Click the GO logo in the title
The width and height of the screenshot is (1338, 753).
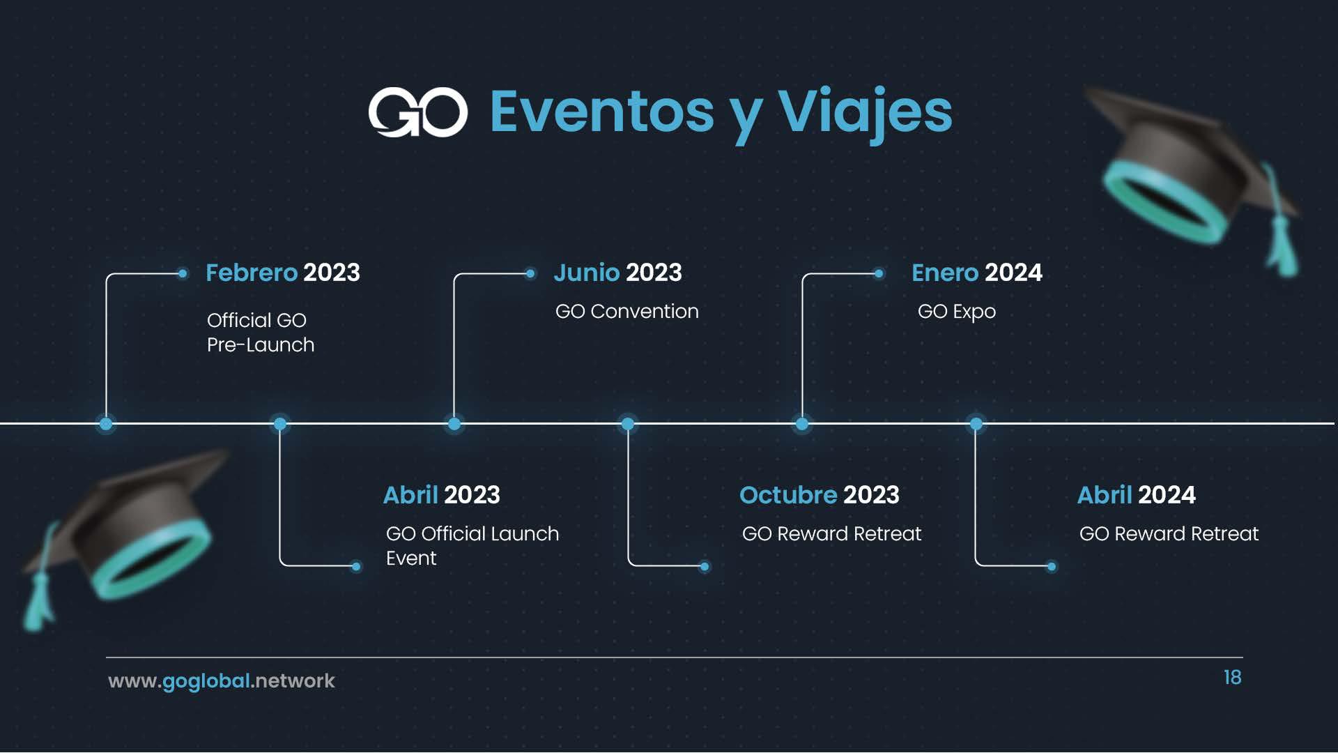417,112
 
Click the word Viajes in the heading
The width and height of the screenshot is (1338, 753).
865,113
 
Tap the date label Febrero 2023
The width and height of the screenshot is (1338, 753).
283,273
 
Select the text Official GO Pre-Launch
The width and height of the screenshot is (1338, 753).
261,333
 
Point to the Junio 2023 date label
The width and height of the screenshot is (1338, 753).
617,273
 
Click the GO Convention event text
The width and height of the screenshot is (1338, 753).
626,311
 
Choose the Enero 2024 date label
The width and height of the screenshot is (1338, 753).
977,273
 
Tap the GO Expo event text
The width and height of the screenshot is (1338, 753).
957,312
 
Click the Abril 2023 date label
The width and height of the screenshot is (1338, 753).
442,495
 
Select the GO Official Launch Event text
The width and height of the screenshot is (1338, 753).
472,546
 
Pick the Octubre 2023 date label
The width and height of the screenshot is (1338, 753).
820,495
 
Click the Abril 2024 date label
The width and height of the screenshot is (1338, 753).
1137,495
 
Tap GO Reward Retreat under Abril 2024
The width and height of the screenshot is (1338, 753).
1169,534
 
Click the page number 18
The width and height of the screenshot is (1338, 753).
1232,678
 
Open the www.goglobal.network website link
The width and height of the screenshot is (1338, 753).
222,681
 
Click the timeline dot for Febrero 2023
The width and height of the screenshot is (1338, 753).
106,423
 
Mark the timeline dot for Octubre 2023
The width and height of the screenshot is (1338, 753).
628,423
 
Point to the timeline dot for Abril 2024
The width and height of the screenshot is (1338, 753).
976,423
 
